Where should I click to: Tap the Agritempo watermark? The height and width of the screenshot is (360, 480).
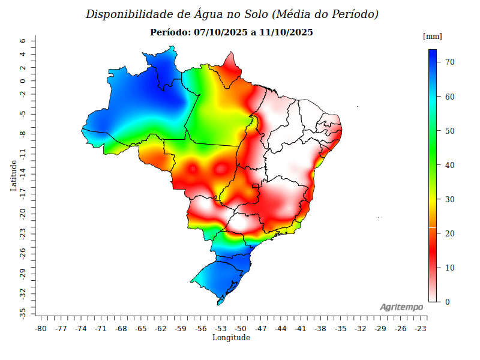(x=401, y=307)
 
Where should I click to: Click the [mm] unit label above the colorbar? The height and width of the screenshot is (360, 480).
(x=432, y=37)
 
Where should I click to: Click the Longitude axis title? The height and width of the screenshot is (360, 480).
(x=231, y=338)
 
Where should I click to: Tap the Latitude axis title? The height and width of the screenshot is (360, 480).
(x=13, y=175)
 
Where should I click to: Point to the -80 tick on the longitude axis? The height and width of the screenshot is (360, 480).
(x=41, y=329)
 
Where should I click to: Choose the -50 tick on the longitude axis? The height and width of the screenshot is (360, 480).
(x=241, y=329)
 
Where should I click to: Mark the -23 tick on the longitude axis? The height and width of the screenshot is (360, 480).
(x=421, y=329)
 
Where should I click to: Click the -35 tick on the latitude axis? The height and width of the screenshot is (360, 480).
(x=22, y=313)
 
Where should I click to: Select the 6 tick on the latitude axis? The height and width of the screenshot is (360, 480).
(x=22, y=41)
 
